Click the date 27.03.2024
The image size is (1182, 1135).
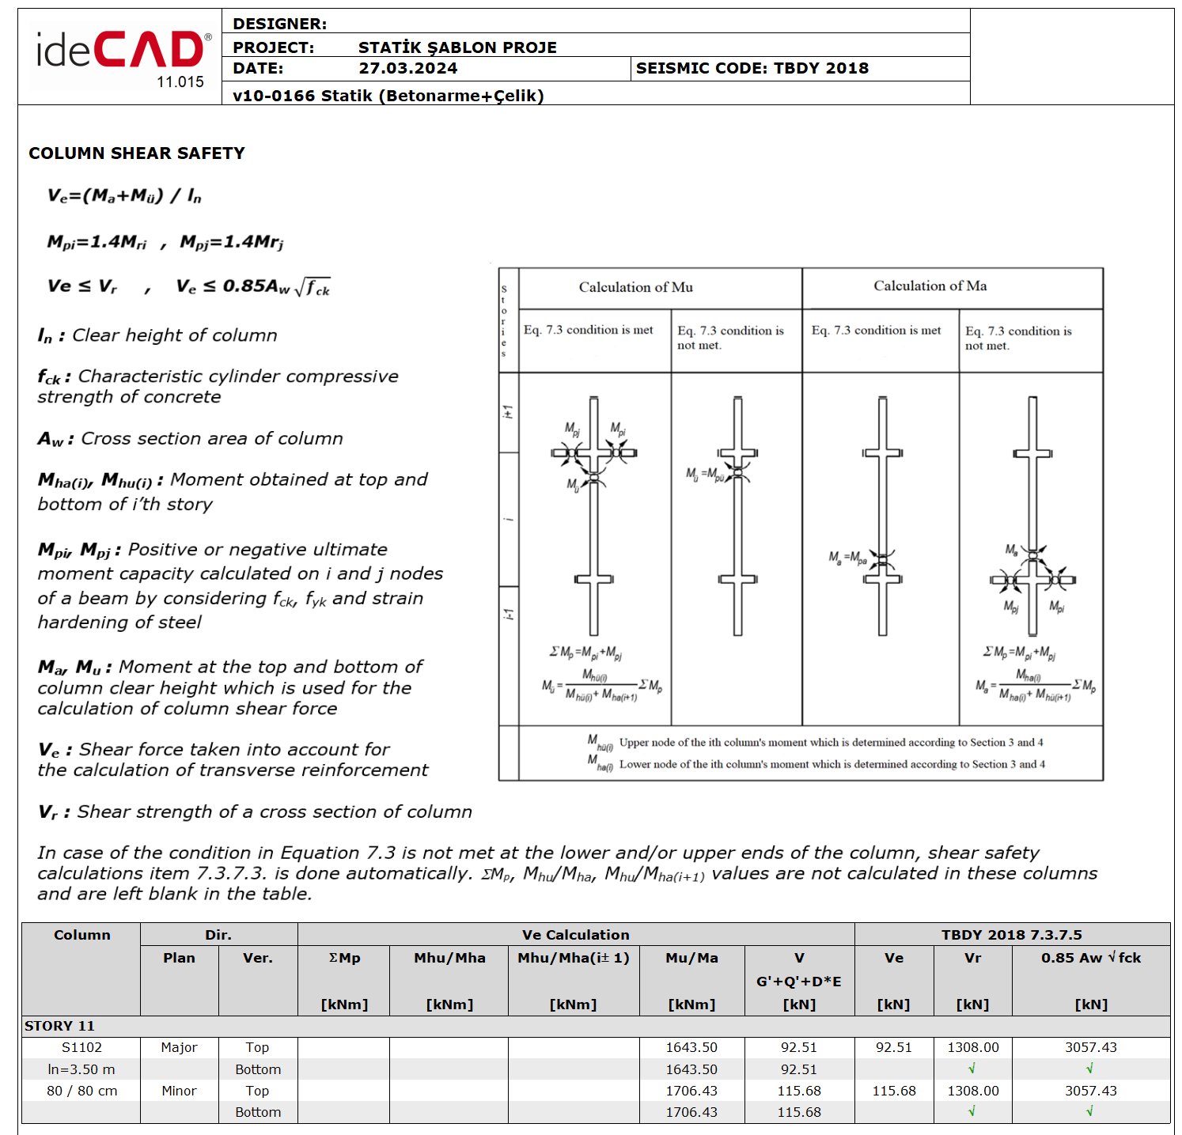tap(407, 69)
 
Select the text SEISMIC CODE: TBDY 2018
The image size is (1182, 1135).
tap(752, 69)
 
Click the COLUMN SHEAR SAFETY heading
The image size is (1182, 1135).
tap(137, 153)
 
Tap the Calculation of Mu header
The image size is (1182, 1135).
tap(635, 287)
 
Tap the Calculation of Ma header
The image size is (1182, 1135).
tap(930, 286)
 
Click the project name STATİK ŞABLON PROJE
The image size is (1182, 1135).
tap(457, 47)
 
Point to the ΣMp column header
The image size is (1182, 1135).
tap(344, 958)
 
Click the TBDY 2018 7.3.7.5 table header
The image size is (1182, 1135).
tap(1011, 935)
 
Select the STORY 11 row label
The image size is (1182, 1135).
tap(59, 1026)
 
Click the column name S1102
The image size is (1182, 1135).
tap(81, 1047)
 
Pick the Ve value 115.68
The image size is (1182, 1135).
tap(893, 1091)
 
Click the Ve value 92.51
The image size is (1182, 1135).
tap(893, 1047)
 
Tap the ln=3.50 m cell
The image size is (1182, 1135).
tap(81, 1069)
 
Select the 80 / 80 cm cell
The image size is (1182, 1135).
tap(81, 1091)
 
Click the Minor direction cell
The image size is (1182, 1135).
tap(179, 1091)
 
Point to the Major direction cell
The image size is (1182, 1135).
tap(179, 1047)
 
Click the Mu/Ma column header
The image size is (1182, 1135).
tap(691, 958)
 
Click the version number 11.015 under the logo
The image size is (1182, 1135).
tap(180, 82)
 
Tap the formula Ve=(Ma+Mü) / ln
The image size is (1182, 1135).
tap(124, 195)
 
